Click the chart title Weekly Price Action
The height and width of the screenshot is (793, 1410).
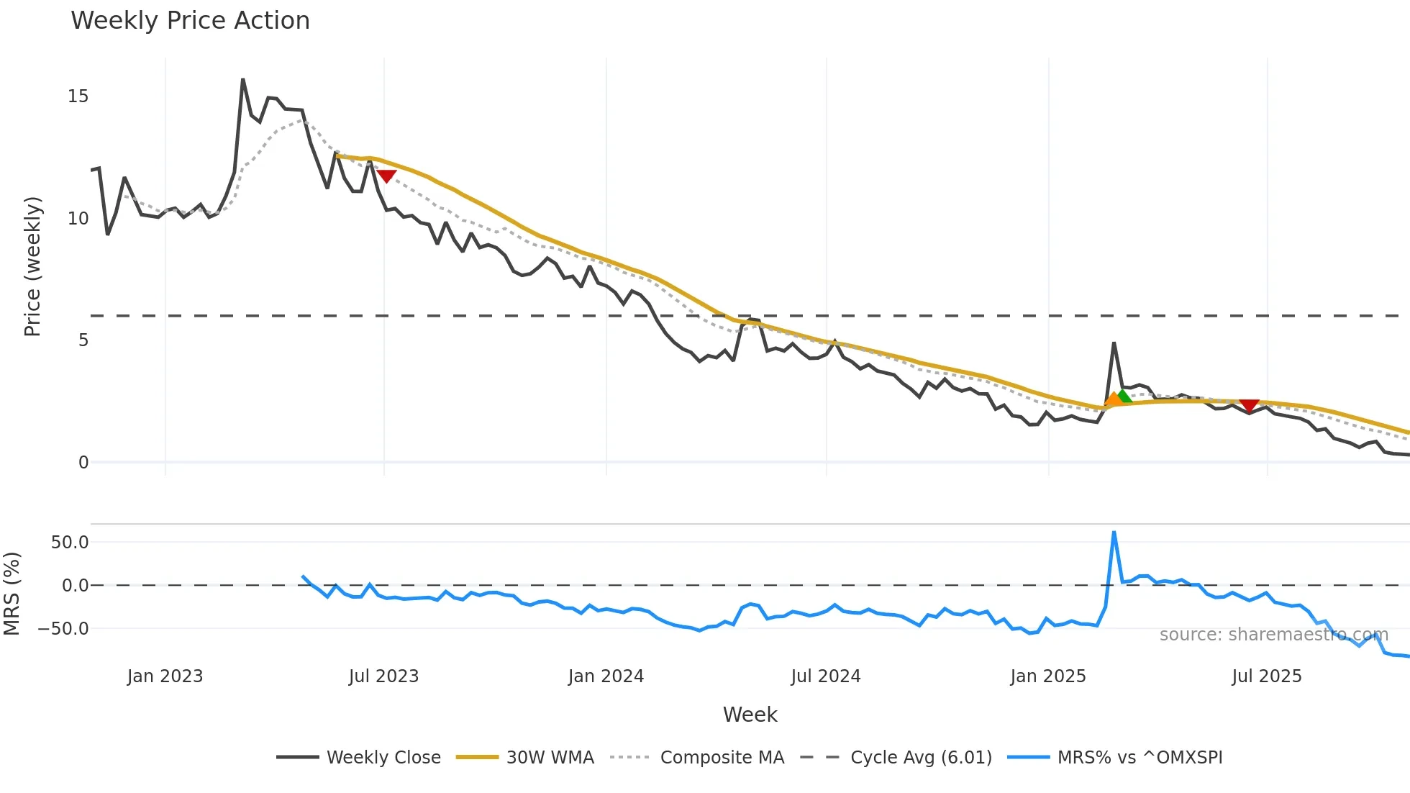pyautogui.click(x=190, y=21)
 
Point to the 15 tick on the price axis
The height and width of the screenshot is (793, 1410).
pyautogui.click(x=78, y=96)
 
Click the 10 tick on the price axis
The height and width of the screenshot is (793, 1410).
pyautogui.click(x=78, y=219)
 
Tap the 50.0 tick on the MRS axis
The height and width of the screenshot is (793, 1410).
pyautogui.click(x=70, y=543)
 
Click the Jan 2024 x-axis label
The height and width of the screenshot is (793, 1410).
pyautogui.click(x=606, y=676)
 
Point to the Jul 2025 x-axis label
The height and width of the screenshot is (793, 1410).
pyautogui.click(x=1267, y=676)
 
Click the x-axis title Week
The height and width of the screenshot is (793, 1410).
pyautogui.click(x=750, y=715)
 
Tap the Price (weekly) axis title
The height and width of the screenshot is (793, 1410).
pyautogui.click(x=33, y=266)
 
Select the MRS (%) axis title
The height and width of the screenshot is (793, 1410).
pyautogui.click(x=12, y=594)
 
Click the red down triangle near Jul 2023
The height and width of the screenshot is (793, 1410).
pyautogui.click(x=386, y=176)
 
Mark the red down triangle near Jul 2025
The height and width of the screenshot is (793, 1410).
pyautogui.click(x=1250, y=406)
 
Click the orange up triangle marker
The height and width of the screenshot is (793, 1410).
pyautogui.click(x=1113, y=399)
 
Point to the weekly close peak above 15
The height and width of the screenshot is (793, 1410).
pyautogui.click(x=243, y=80)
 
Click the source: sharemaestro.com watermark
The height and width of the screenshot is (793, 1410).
pyautogui.click(x=1273, y=635)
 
